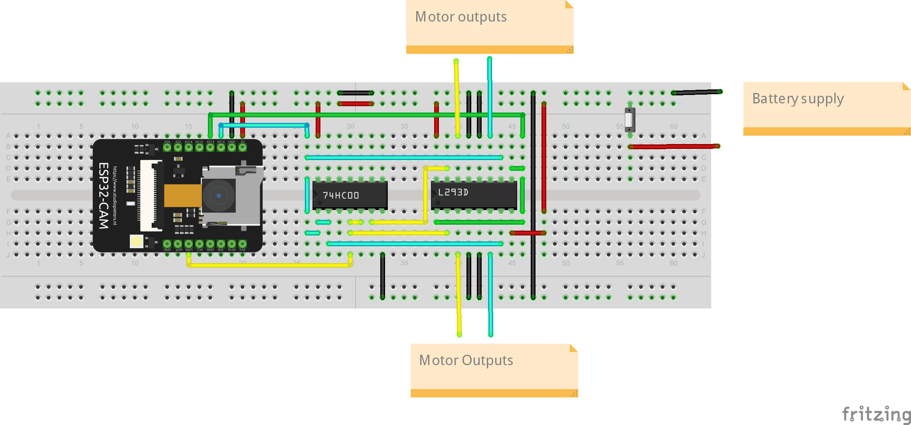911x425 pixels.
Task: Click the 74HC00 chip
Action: click(x=350, y=195)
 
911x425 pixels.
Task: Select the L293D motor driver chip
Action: click(x=474, y=194)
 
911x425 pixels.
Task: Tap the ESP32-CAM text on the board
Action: click(x=103, y=196)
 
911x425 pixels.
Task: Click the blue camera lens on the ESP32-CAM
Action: click(x=219, y=196)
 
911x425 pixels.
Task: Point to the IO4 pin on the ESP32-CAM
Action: click(x=167, y=147)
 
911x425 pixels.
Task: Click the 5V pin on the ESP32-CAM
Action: click(x=242, y=147)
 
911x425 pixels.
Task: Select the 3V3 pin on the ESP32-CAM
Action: click(x=242, y=244)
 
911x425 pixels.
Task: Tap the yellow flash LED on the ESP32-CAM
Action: click(x=136, y=241)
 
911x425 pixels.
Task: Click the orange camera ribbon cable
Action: click(x=182, y=196)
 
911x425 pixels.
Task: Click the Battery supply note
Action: click(x=826, y=108)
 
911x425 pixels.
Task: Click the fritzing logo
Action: click(x=876, y=414)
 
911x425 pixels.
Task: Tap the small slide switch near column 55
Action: click(x=629, y=119)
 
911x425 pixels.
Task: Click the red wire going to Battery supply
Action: click(x=674, y=146)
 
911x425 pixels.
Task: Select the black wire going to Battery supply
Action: click(x=696, y=92)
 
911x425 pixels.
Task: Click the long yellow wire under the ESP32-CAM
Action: click(x=269, y=265)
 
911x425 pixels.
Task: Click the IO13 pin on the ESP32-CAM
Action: click(x=210, y=147)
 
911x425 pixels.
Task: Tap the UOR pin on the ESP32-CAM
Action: click(x=189, y=244)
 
